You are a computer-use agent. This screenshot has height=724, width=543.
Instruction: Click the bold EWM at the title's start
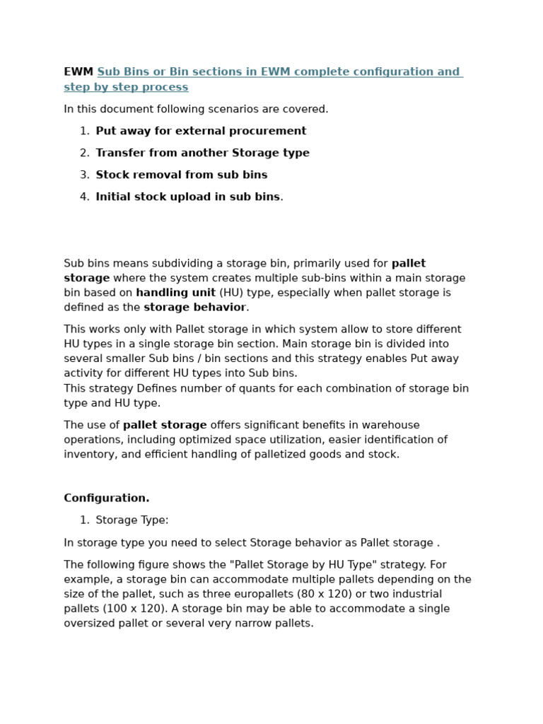(78, 72)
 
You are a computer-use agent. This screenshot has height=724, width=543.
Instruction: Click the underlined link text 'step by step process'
(126, 87)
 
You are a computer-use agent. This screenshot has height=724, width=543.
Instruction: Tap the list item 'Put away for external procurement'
(201, 131)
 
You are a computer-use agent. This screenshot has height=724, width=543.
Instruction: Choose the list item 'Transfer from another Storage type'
(202, 153)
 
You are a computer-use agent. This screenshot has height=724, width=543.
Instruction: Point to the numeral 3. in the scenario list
(84, 175)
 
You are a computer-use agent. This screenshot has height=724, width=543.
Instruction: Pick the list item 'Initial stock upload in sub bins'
(187, 197)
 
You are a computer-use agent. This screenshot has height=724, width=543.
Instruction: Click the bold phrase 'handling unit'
(175, 293)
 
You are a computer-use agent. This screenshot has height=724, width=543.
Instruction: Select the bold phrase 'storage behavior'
(194, 308)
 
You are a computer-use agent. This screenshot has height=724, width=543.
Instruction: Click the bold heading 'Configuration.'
(107, 498)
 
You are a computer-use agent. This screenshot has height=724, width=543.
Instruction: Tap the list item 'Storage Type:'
(132, 520)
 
